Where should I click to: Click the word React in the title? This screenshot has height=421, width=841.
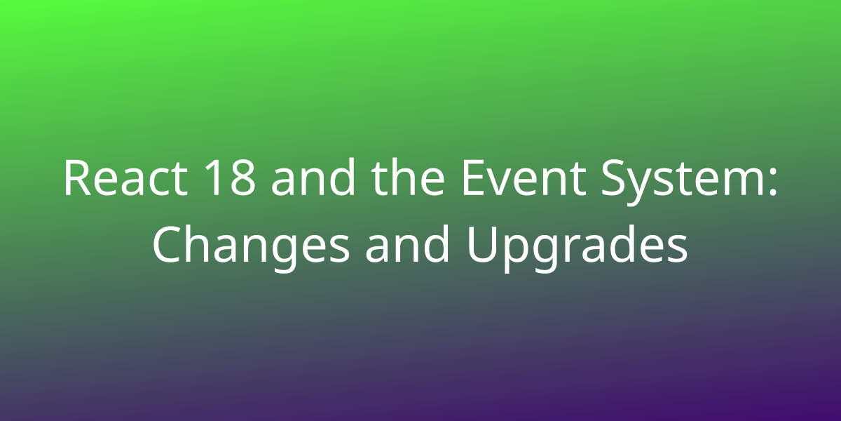[125, 178]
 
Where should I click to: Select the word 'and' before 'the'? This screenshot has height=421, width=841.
[313, 177]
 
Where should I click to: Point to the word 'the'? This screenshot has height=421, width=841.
[408, 177]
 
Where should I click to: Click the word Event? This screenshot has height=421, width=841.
[524, 178]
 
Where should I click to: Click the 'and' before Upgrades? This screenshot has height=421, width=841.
[407, 243]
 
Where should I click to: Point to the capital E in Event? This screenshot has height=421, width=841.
[474, 178]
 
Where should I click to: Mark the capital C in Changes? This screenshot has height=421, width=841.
[167, 244]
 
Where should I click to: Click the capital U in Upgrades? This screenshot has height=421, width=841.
[481, 245]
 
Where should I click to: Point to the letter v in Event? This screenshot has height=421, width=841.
[502, 182]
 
